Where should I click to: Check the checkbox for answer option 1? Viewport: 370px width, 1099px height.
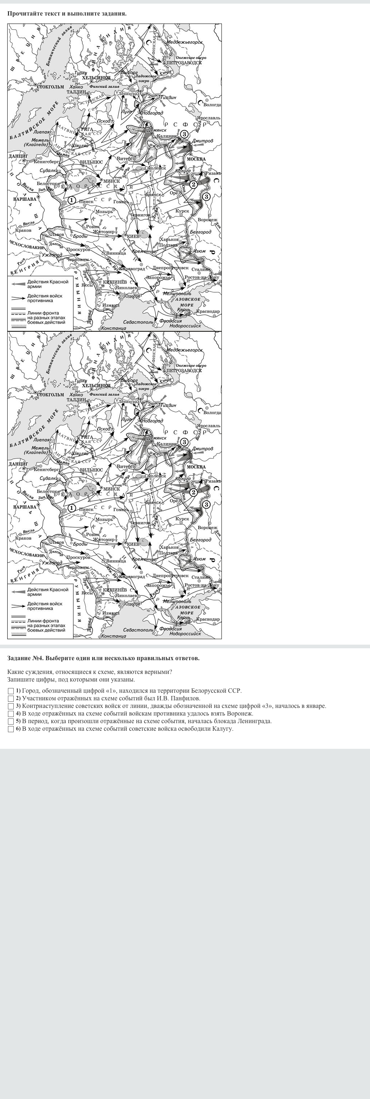[x=10, y=691]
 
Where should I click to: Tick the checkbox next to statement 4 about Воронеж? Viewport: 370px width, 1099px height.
[x=10, y=713]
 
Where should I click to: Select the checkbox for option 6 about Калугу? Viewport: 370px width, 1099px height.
[x=10, y=729]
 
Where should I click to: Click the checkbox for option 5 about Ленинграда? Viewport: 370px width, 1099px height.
[x=10, y=721]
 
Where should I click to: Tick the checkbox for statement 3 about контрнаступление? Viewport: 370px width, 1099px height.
[x=10, y=706]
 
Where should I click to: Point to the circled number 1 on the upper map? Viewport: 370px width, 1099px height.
[x=72, y=200]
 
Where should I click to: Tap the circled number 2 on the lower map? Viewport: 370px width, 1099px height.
[x=193, y=492]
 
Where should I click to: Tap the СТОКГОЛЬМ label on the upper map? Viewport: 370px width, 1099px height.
[x=50, y=86]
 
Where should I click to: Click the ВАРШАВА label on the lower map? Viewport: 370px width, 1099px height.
[x=25, y=507]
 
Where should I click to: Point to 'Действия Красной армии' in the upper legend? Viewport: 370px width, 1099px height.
[x=47, y=284]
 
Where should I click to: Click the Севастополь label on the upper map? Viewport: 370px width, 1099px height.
[x=138, y=322]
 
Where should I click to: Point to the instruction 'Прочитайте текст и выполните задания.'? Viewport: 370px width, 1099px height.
[x=67, y=13]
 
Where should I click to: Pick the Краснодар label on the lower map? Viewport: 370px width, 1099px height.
[x=208, y=619]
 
